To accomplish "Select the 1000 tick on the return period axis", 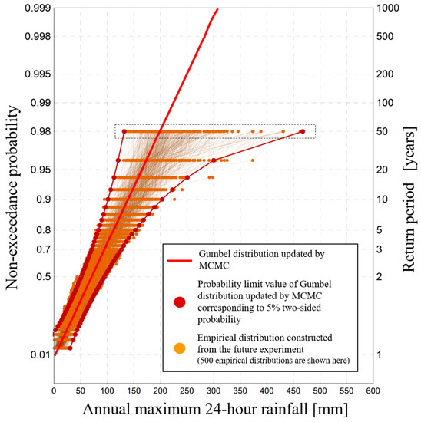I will (x=386, y=6).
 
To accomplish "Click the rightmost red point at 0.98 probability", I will (x=302, y=131).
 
